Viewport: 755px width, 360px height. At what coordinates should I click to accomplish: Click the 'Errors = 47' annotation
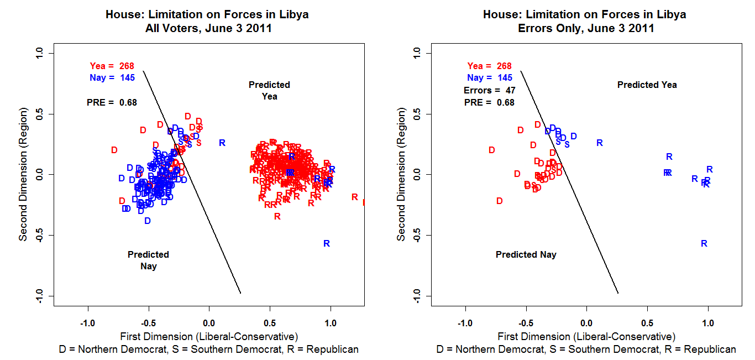click(x=489, y=90)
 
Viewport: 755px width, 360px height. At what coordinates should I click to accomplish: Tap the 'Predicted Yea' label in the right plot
click(x=647, y=85)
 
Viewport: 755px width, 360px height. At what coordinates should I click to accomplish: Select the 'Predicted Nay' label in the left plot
click(x=148, y=260)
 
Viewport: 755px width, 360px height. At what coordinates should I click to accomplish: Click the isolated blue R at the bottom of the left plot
click(x=327, y=243)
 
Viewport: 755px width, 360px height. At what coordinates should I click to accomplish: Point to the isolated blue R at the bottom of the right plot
click(x=704, y=243)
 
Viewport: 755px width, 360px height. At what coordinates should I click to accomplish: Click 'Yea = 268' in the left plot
click(x=112, y=66)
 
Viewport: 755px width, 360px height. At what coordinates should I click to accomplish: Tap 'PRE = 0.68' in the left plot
click(x=112, y=102)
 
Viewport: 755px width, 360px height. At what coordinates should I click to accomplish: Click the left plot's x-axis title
click(x=208, y=336)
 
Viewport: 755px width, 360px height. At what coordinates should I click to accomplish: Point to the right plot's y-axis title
click(x=401, y=174)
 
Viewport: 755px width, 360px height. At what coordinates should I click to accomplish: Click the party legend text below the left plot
click(x=208, y=349)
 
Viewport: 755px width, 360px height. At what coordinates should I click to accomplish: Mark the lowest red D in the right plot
click(x=500, y=201)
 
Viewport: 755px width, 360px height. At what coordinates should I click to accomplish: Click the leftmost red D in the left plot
click(x=114, y=150)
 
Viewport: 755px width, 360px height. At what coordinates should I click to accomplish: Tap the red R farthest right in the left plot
click(x=355, y=197)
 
